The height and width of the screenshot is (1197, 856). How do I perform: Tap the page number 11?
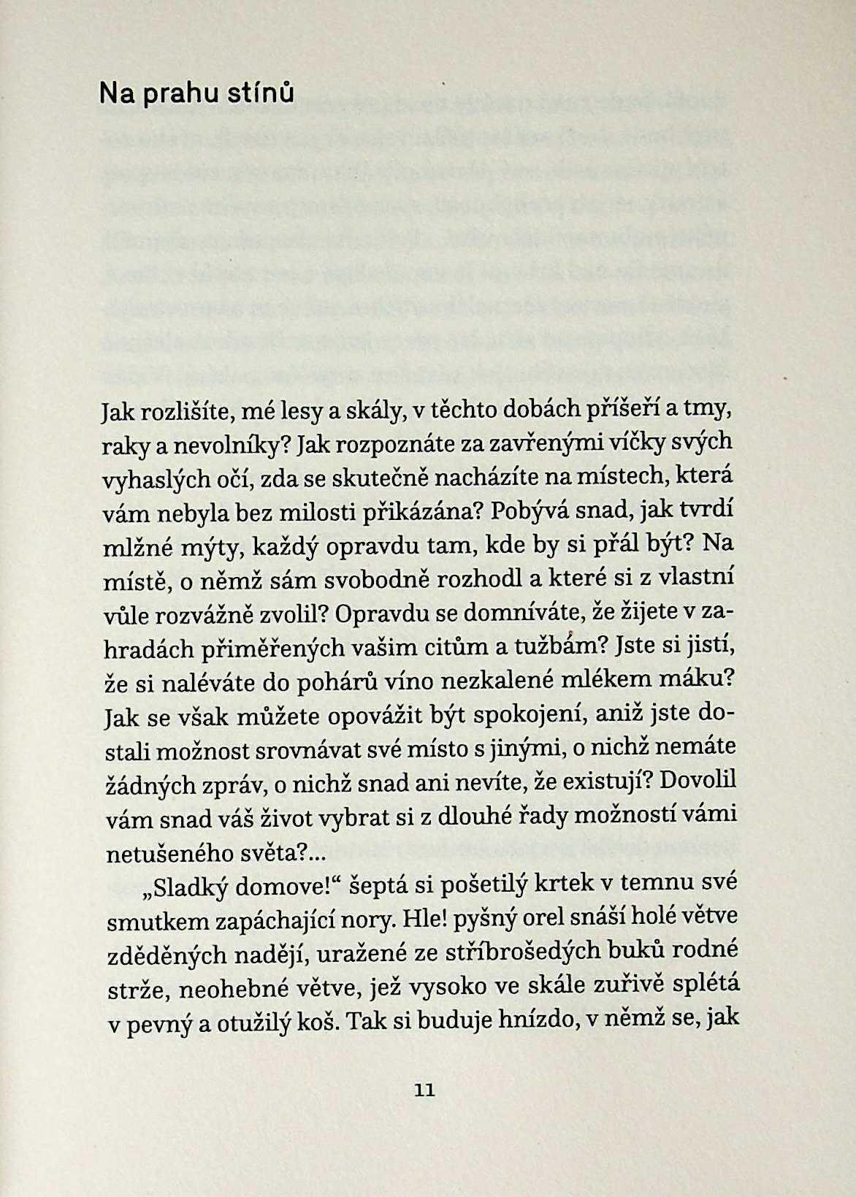click(x=424, y=1090)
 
